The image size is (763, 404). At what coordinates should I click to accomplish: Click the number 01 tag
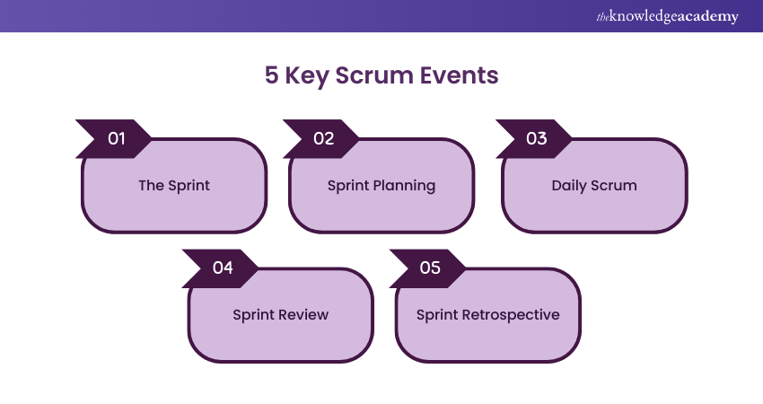(x=116, y=138)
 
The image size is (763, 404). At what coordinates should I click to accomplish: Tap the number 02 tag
(x=323, y=138)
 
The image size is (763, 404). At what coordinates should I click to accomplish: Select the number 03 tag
(x=536, y=138)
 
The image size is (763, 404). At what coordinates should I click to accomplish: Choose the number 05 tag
(x=430, y=268)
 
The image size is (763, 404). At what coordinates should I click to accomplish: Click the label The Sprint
(x=174, y=186)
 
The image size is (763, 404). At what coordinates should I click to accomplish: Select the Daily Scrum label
(x=594, y=186)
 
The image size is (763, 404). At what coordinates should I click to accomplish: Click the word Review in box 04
(x=304, y=315)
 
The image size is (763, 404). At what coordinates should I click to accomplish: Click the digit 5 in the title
(x=271, y=75)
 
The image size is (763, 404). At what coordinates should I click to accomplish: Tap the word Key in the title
(x=307, y=76)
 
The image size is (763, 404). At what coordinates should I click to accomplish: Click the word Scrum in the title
(x=376, y=75)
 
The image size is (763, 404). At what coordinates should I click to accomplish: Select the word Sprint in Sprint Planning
(x=346, y=186)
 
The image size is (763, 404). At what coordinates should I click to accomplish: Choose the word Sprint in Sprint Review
(x=254, y=315)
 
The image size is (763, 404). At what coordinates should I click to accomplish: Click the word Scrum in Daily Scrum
(x=615, y=186)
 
